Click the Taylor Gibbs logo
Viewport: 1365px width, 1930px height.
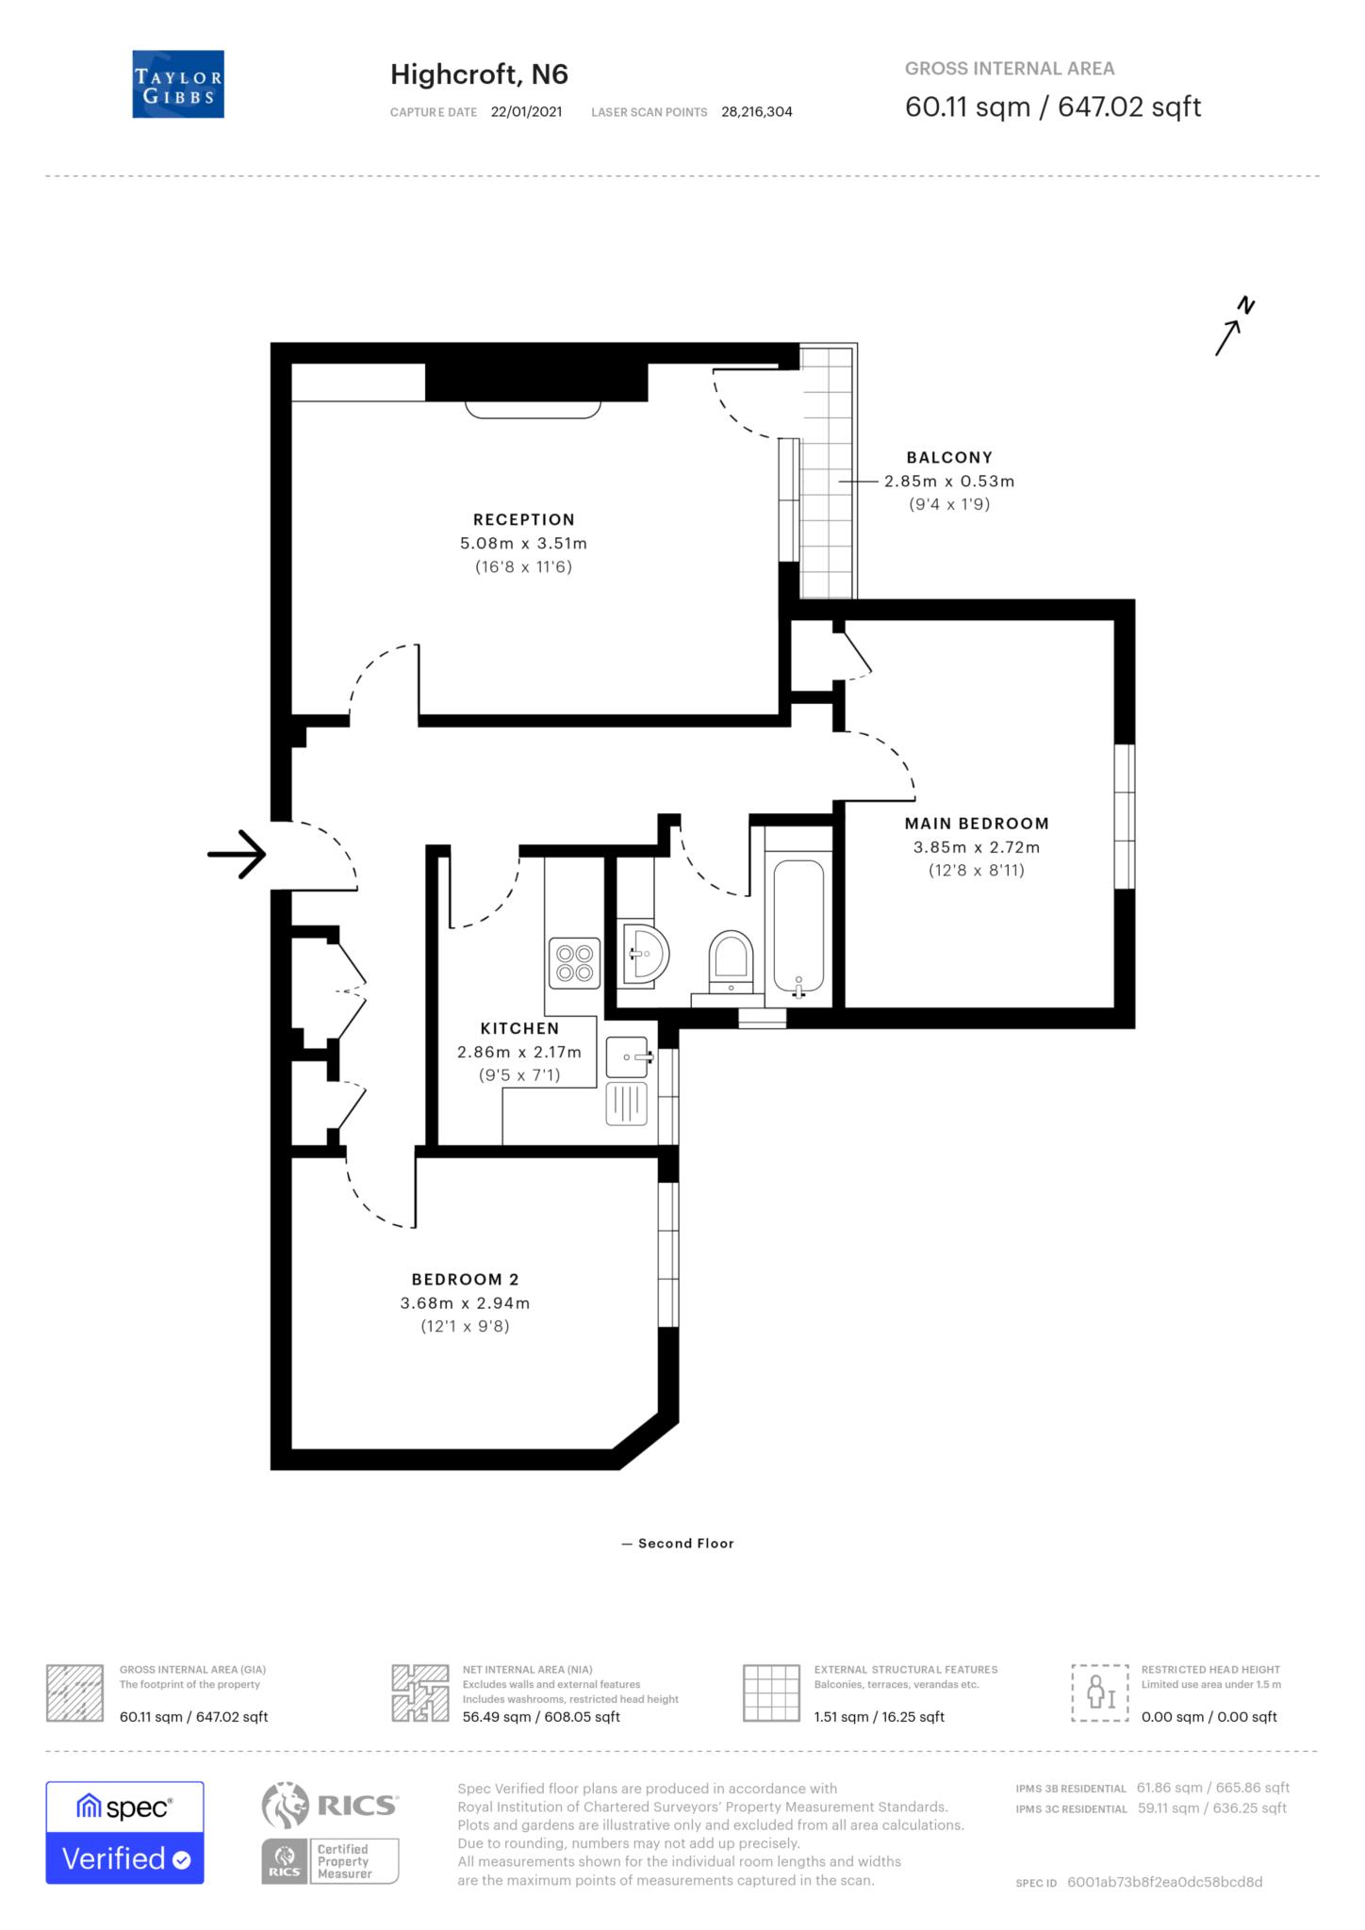(x=178, y=84)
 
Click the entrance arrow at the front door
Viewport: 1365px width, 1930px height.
(x=237, y=855)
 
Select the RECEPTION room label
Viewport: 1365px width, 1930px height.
(x=523, y=519)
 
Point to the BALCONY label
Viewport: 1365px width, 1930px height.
(x=949, y=457)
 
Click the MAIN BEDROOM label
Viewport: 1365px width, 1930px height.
(x=977, y=823)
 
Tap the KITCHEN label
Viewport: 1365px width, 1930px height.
(x=519, y=1028)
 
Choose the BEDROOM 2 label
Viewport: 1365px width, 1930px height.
(x=465, y=1279)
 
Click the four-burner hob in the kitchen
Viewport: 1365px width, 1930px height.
(x=574, y=962)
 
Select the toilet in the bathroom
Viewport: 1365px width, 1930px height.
(x=731, y=960)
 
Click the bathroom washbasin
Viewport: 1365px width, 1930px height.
(x=646, y=956)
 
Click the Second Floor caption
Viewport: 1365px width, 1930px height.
(x=685, y=1543)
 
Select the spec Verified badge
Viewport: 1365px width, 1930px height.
(x=124, y=1832)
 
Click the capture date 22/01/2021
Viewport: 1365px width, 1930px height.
(x=526, y=111)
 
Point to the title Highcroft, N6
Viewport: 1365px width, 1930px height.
(x=479, y=74)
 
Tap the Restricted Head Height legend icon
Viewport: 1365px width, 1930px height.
(x=1099, y=1693)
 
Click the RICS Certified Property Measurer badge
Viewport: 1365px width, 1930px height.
(x=330, y=1860)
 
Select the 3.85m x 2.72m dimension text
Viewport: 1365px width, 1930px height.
(x=977, y=846)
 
